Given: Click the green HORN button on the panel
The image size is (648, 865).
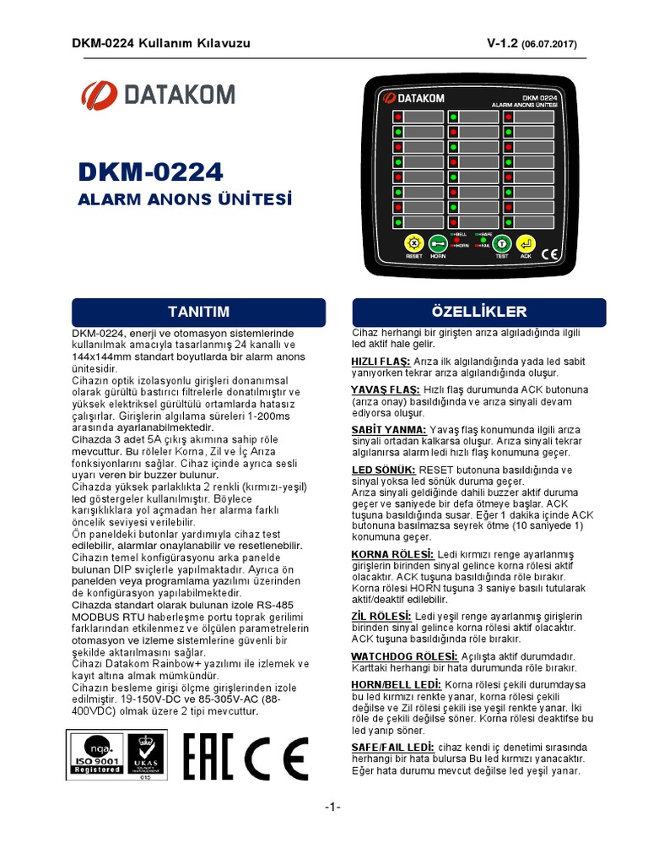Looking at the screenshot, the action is (438, 242).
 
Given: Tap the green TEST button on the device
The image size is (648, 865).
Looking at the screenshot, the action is (500, 242).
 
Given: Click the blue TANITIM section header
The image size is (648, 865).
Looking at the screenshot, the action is (199, 312).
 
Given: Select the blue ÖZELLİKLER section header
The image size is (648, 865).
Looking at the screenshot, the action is (478, 312).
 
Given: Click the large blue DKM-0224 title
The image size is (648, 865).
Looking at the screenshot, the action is (150, 172).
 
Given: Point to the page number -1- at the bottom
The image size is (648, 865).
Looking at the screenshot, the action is (332, 808).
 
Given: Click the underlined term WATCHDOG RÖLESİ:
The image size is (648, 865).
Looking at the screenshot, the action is (404, 656).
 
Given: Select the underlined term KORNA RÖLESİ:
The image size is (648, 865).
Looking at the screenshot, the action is (391, 553).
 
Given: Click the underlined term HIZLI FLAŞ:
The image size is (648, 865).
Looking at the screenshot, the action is (380, 362).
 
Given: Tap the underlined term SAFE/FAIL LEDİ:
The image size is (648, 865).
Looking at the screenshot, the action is (392, 748).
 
